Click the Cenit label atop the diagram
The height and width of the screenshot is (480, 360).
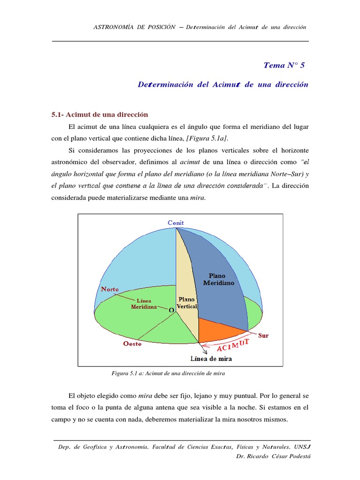(x=176, y=223)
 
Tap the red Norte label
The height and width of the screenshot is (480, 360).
(x=110, y=289)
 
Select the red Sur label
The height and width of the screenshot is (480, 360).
(x=263, y=336)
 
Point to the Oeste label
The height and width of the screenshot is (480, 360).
(x=132, y=344)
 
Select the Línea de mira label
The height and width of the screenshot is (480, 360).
(x=211, y=359)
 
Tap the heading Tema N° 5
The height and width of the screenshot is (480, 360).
(x=284, y=65)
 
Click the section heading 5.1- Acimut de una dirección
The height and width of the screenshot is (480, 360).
(x=99, y=114)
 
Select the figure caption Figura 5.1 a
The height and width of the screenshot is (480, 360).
(x=168, y=373)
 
